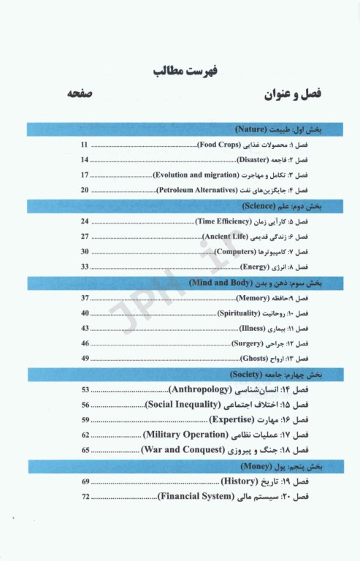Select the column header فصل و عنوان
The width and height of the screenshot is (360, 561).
coord(294,96)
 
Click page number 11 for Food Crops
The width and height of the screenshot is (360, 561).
coord(85,145)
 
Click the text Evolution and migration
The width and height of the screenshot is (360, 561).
coord(195,175)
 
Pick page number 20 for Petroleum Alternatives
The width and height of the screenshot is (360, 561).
coord(85,190)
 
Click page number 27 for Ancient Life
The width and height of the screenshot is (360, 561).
coord(85,236)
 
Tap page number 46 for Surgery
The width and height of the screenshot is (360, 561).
coord(85,343)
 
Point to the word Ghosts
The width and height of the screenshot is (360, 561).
coord(258,358)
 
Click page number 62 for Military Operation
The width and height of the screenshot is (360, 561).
coord(85,435)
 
